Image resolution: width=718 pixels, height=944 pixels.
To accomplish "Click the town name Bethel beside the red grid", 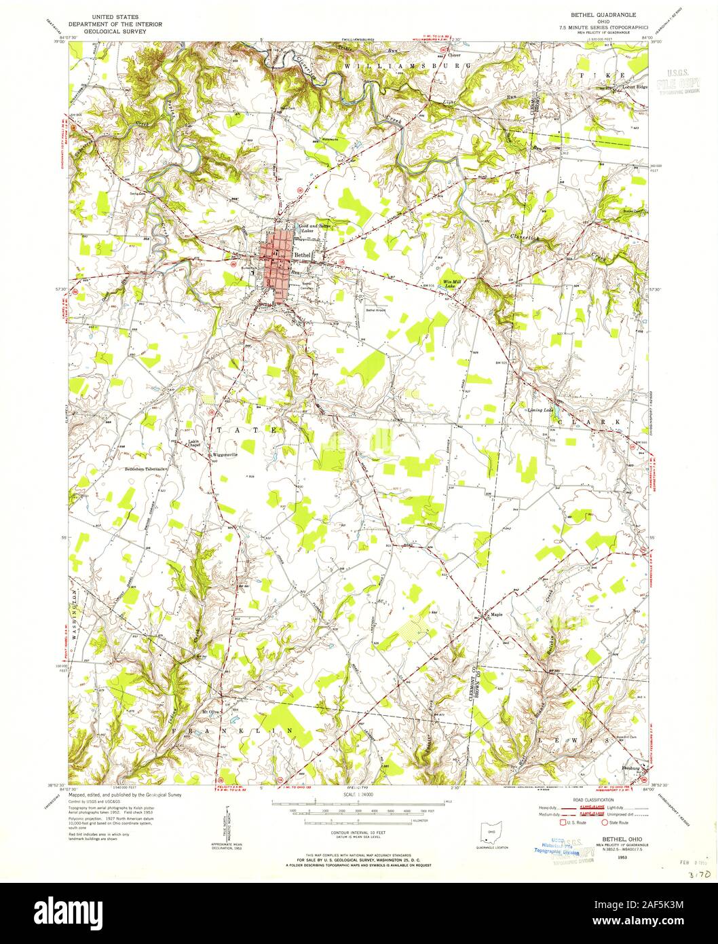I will tap(303, 255).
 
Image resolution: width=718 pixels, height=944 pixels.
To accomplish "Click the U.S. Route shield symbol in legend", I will tap(563, 822).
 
